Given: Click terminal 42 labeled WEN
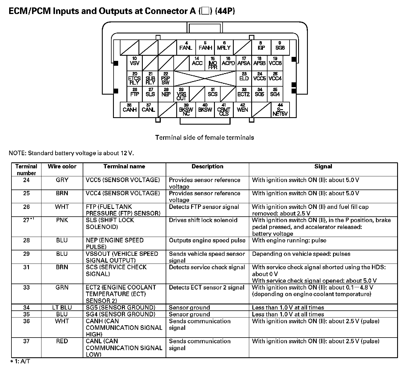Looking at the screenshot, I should click(x=243, y=109).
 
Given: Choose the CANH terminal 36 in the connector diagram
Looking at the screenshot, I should click(x=129, y=109).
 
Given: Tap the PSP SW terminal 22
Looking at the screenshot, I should click(x=166, y=78).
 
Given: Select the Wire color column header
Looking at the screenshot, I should click(x=62, y=167).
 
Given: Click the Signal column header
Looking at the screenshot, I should click(x=323, y=167).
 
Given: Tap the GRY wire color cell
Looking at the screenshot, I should click(x=62, y=180).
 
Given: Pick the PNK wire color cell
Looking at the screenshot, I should click(x=62, y=220).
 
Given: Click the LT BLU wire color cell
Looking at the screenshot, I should click(x=62, y=308).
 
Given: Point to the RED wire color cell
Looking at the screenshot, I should click(x=62, y=341).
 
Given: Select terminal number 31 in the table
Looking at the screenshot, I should click(x=26, y=267).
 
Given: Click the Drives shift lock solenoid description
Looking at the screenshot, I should click(x=203, y=220).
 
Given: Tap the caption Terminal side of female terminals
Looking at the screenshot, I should click(x=205, y=137).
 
